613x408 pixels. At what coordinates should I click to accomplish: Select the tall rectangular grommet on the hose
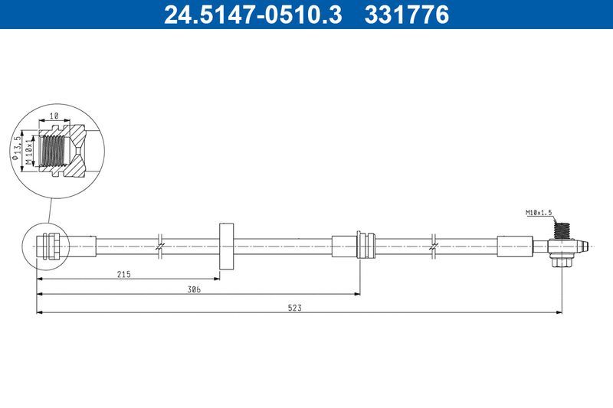point(226,246)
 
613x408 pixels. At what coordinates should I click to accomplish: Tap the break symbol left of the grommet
point(159,246)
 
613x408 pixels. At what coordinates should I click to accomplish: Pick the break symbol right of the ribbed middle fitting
point(434,246)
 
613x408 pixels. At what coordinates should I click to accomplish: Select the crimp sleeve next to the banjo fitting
point(513,246)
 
